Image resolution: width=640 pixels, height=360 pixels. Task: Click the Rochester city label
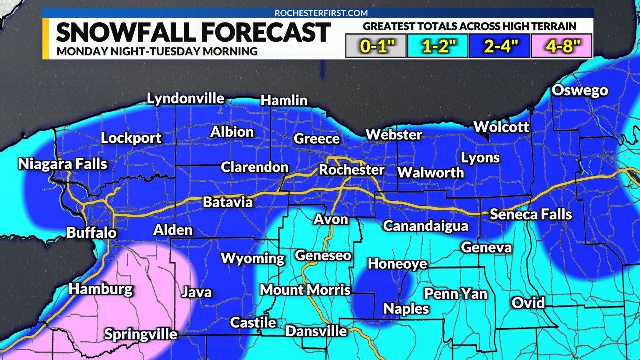tap(351, 170)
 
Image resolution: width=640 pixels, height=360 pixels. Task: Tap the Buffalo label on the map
tap(91, 232)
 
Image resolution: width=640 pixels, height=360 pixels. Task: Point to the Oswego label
tap(580, 91)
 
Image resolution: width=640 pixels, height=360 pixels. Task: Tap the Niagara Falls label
tap(63, 164)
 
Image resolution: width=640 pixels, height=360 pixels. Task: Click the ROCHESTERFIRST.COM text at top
tap(321, 13)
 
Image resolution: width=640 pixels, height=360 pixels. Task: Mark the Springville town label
tap(140, 334)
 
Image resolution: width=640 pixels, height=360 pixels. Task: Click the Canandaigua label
tap(425, 226)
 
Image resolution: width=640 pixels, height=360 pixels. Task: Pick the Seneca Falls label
tap(530, 214)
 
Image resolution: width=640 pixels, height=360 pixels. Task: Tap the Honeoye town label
tap(397, 264)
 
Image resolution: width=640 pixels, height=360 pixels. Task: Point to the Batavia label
tap(227, 202)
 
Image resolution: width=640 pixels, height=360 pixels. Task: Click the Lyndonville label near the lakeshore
tap(185, 99)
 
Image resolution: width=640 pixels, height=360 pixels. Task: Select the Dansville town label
tap(316, 331)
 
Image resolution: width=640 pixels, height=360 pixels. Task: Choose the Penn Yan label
tap(455, 293)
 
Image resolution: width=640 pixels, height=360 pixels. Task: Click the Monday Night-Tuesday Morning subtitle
tap(157, 51)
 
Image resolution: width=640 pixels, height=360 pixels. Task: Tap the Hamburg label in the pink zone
tap(101, 289)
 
